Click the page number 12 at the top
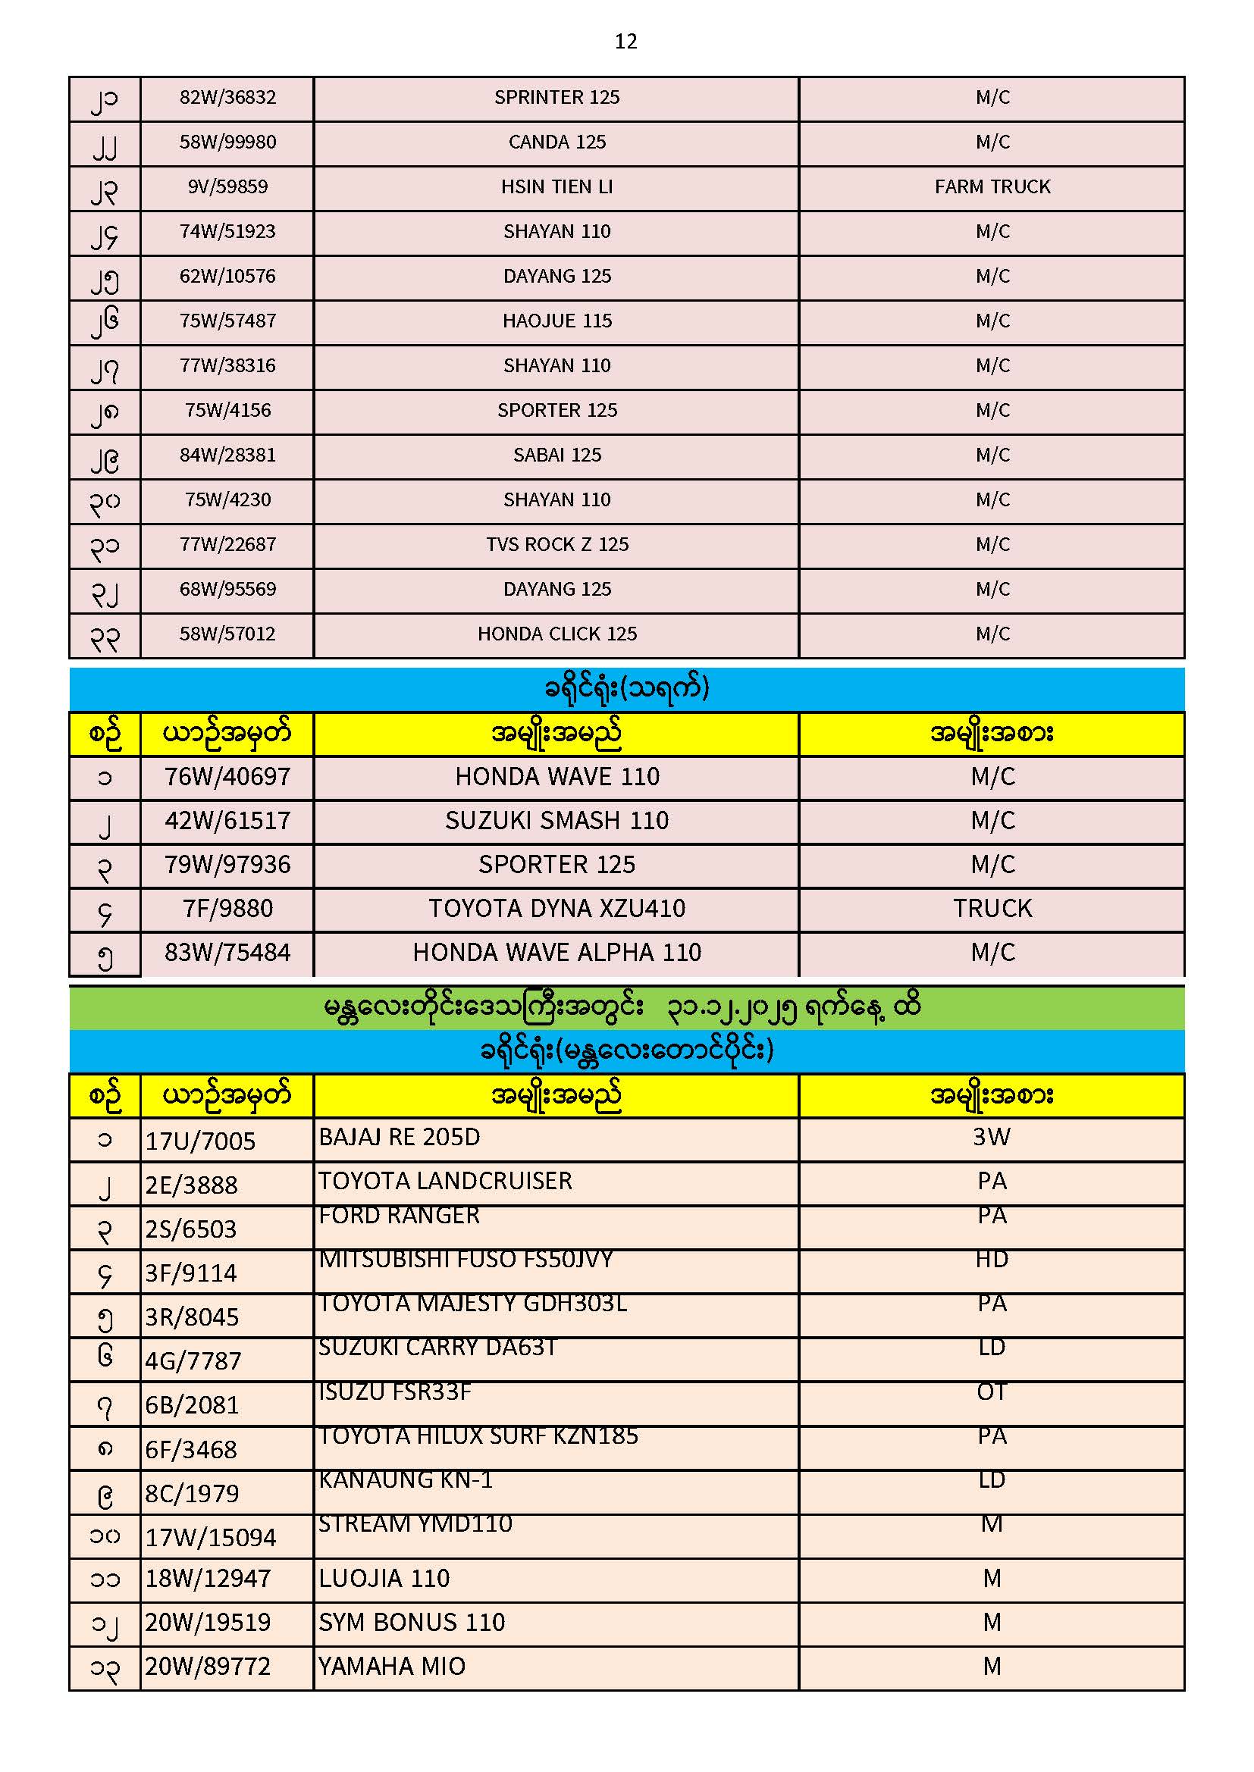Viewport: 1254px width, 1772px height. pyautogui.click(x=625, y=42)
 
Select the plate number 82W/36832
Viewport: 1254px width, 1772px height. pyautogui.click(x=227, y=98)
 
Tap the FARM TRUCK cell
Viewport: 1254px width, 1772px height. pyautogui.click(x=992, y=187)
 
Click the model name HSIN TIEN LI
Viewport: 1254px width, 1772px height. pyautogui.click(x=556, y=187)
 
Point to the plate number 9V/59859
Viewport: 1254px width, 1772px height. pyautogui.click(x=227, y=187)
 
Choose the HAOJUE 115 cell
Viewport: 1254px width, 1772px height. pyautogui.click(x=556, y=321)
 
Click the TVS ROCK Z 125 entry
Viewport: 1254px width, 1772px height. pyautogui.click(x=556, y=545)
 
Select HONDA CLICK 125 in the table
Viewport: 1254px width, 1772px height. pyautogui.click(x=556, y=634)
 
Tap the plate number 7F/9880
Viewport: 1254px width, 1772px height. pyautogui.click(x=227, y=909)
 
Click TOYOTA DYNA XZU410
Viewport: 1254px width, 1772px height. pyautogui.click(x=556, y=909)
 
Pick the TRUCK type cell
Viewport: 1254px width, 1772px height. pyautogui.click(x=992, y=909)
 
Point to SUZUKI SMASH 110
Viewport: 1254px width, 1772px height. pyautogui.click(x=556, y=821)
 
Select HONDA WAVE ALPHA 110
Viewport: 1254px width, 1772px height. pyautogui.click(x=556, y=953)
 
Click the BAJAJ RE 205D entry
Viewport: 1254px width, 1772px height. pyautogui.click(x=400, y=1138)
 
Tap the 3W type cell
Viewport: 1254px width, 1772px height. pyautogui.click(x=992, y=1138)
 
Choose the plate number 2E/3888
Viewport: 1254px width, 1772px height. pyautogui.click(x=192, y=1185)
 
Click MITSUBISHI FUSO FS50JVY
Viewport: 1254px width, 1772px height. pyautogui.click(x=466, y=1260)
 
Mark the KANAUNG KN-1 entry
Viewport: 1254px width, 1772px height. pyautogui.click(x=406, y=1480)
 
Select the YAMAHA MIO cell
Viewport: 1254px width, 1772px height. pyautogui.click(x=391, y=1667)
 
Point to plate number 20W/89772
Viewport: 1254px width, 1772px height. pyautogui.click(x=208, y=1667)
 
